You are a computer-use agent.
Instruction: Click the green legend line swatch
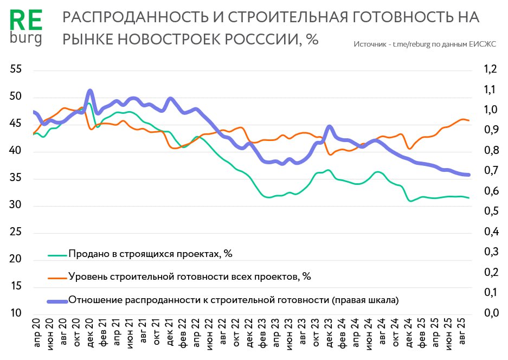click(57, 254)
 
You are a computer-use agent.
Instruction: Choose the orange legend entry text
click(189, 277)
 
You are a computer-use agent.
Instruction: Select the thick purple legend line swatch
click(57, 300)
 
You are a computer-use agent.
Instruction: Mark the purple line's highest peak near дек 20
click(90, 91)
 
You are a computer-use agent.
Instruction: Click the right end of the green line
click(468, 198)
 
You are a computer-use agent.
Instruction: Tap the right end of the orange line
click(468, 120)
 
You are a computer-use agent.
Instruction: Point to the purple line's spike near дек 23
click(330, 127)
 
